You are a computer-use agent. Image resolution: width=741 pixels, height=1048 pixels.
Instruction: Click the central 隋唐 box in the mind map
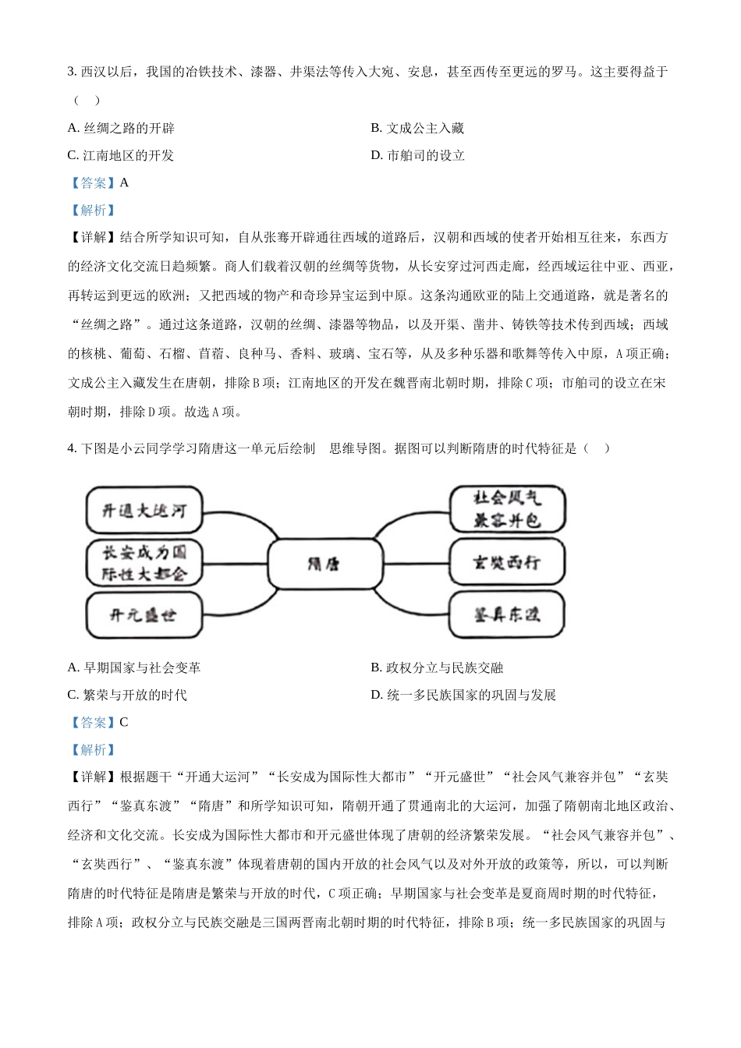click(324, 563)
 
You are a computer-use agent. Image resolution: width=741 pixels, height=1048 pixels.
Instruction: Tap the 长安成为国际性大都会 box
click(144, 563)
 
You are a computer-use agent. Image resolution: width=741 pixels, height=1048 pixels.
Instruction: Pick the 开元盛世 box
click(144, 614)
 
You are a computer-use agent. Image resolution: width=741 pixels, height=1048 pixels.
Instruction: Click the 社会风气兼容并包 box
click(507, 509)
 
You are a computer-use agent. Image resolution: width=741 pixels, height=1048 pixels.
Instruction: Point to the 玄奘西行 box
click(507, 562)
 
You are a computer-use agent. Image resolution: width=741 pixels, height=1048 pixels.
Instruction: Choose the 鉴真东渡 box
click(507, 614)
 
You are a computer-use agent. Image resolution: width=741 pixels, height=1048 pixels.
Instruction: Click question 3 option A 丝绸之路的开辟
click(121, 128)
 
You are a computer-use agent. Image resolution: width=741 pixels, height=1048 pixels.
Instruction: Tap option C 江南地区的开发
click(121, 155)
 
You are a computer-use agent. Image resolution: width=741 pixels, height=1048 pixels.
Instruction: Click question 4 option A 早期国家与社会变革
click(134, 667)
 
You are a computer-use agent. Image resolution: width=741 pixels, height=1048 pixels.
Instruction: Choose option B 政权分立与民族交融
click(437, 667)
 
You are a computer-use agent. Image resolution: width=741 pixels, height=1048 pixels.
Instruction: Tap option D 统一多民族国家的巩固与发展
click(463, 695)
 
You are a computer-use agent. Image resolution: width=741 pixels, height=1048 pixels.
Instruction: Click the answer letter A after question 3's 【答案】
click(124, 182)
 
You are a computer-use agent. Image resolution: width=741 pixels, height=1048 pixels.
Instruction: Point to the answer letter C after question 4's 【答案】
click(124, 722)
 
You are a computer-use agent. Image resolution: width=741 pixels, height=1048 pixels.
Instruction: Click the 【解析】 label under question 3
click(93, 210)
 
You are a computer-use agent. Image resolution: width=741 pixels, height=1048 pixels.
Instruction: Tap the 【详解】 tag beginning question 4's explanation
click(93, 777)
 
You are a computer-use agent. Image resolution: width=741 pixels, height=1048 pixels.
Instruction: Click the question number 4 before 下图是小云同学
click(71, 448)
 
